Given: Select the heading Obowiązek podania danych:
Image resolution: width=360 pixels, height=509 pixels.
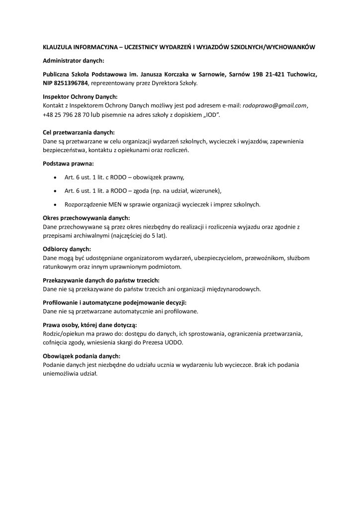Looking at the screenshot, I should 82,356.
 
